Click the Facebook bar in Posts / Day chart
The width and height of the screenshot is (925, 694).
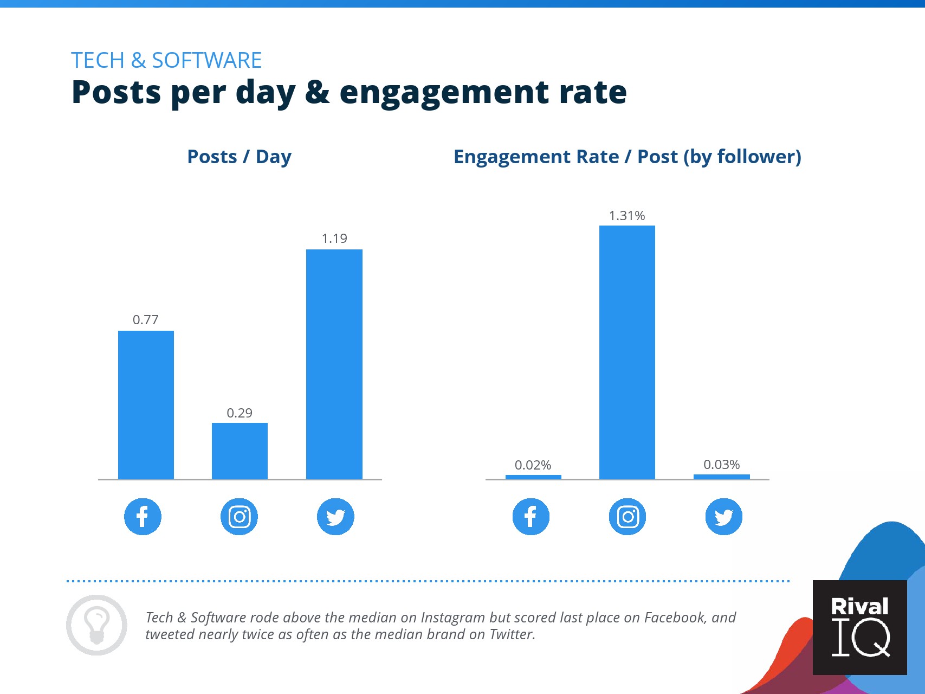(146, 404)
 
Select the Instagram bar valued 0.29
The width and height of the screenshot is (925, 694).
(240, 451)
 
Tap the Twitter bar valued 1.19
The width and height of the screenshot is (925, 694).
(334, 364)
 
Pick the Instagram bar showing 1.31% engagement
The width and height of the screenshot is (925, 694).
(627, 352)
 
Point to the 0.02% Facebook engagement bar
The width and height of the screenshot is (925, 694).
(533, 477)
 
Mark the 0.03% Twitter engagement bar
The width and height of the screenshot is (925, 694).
(721, 477)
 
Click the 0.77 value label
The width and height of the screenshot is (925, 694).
(146, 320)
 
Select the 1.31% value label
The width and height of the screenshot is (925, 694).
(627, 216)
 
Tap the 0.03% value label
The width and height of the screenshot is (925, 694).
(721, 465)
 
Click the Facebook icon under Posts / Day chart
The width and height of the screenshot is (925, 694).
(143, 516)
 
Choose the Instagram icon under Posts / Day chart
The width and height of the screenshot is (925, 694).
(239, 516)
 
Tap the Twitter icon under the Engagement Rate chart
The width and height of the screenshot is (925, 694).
(723, 516)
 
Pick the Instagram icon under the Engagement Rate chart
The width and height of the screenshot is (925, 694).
(628, 516)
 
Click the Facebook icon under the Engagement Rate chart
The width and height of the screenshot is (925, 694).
(531, 516)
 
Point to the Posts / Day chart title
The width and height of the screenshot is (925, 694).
(239, 157)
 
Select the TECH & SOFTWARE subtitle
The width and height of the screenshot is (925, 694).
(166, 60)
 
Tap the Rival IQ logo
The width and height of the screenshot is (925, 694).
(859, 627)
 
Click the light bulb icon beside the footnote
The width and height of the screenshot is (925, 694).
(96, 625)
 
